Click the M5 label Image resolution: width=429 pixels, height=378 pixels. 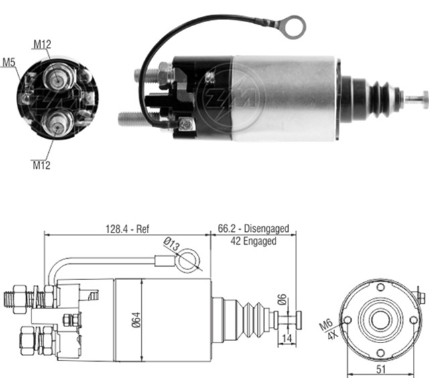9,63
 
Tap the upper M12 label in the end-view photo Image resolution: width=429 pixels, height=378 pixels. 42,45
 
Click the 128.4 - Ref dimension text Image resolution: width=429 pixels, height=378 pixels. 127,229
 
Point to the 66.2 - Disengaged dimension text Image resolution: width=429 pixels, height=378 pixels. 253,229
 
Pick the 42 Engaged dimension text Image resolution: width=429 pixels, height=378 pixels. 253,241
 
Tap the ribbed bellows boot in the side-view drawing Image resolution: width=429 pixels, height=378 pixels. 251,316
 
